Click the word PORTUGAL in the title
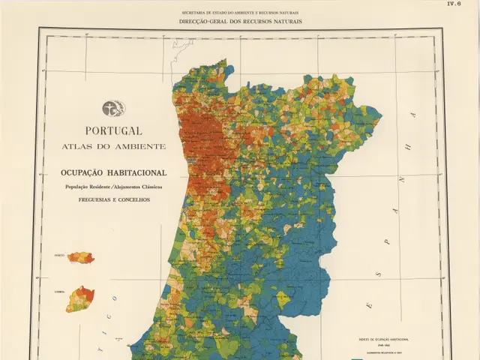point(113,130)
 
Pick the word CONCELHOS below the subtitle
point(133,199)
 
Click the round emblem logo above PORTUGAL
point(114,108)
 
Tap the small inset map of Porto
point(81,258)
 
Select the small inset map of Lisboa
point(79,298)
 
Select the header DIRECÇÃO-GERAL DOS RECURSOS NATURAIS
point(240,22)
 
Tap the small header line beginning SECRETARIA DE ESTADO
point(240,13)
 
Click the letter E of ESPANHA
point(368,305)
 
